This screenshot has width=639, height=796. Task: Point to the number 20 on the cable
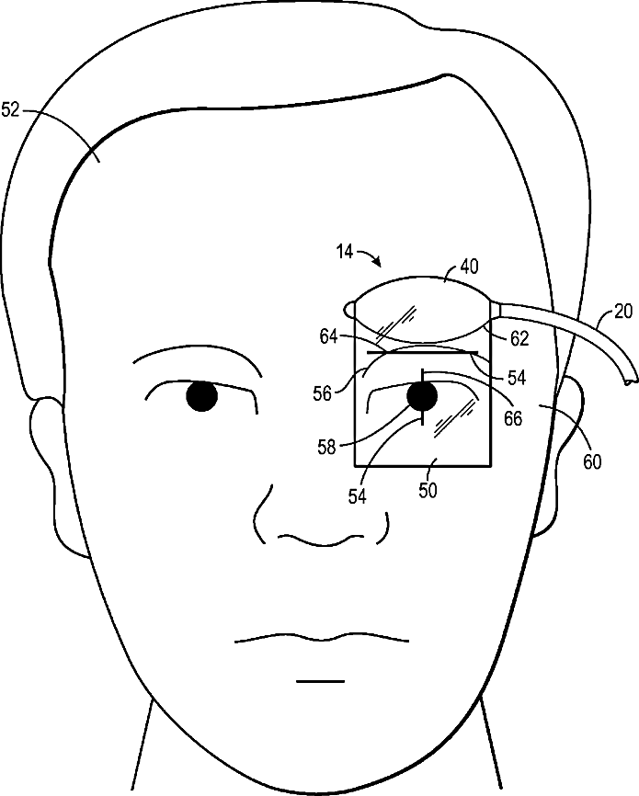tap(597, 311)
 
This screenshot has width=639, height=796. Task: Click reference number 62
tap(519, 338)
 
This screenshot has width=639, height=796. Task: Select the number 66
tap(512, 417)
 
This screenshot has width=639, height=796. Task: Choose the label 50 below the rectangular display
tap(428, 490)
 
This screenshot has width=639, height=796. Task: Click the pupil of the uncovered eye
tap(201, 396)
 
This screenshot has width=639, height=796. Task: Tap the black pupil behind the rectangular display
tap(422, 397)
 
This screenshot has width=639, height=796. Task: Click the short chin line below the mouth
tap(321, 681)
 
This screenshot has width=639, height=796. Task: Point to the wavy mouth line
tap(322, 638)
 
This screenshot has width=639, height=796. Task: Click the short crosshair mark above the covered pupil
tap(422, 375)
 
